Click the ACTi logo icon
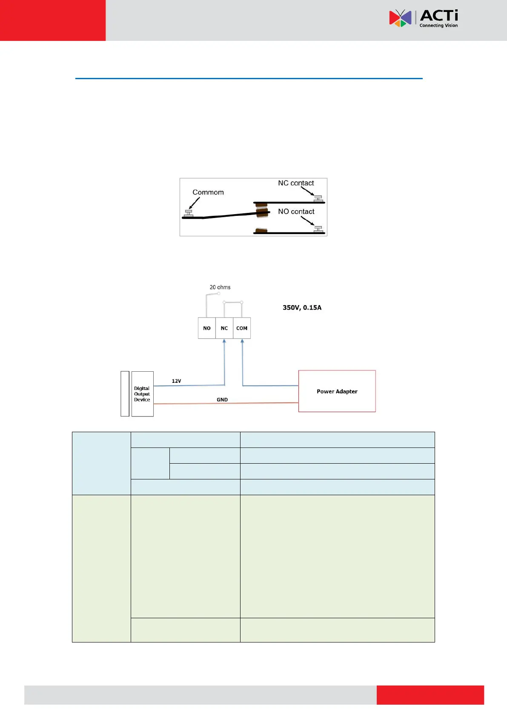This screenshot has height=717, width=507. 400,18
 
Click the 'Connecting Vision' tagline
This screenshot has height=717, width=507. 438,26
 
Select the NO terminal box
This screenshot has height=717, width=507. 207,328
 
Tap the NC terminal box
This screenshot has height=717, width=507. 224,328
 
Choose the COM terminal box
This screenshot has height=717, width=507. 242,328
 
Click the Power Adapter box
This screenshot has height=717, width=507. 337,391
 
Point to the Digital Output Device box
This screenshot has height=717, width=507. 142,394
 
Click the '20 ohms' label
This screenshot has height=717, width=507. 220,287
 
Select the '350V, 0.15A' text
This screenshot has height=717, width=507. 302,307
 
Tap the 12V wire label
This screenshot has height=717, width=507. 176,381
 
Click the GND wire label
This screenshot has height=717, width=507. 222,400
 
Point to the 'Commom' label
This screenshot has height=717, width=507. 208,192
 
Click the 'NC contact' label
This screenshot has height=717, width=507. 296,183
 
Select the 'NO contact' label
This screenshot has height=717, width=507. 296,212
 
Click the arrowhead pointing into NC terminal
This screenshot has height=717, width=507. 224,341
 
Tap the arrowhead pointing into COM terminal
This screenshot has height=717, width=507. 242,341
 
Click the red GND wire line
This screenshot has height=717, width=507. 255,403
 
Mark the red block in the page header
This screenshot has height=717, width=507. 53,20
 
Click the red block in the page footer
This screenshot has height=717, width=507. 430,695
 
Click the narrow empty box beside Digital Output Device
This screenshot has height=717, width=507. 125,394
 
